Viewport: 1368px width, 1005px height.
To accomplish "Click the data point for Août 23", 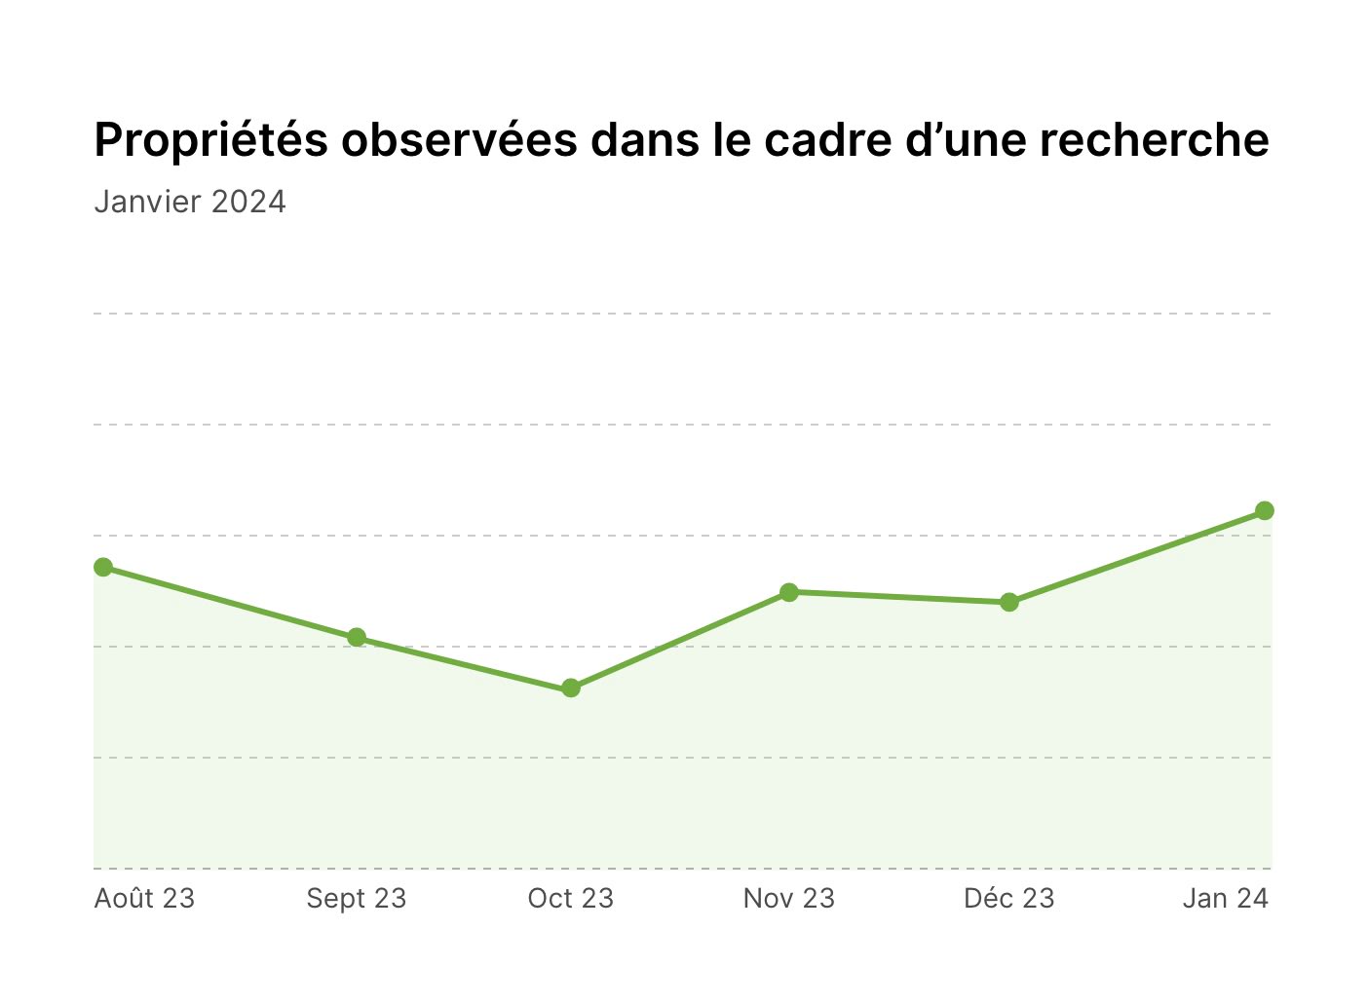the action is [x=103, y=567].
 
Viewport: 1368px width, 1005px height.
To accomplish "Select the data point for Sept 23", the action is [x=357, y=638].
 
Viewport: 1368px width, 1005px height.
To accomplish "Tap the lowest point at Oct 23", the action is [x=570, y=689].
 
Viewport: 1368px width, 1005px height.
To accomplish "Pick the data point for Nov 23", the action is [x=789, y=592].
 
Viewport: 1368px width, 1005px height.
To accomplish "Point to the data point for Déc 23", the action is [x=1009, y=603].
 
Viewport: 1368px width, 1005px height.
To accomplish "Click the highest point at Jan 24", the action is [x=1264, y=510].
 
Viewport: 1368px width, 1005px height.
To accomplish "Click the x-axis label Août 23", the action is [x=144, y=898].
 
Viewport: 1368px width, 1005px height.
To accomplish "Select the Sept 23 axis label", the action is [x=356, y=899].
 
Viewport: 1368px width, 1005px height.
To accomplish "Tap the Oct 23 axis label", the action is [x=570, y=899].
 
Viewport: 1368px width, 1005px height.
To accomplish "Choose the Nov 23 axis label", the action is [x=788, y=899].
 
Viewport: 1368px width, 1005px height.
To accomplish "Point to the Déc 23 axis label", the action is [x=1008, y=898].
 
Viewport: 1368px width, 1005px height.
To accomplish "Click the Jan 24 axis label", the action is [x=1225, y=899].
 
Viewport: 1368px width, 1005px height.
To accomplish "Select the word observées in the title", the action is [x=459, y=139].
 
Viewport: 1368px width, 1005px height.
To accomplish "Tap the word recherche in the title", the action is [x=1155, y=140].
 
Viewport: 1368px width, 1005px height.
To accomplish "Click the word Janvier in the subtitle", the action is [x=147, y=202].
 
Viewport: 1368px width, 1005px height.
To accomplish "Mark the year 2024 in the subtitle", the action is [x=247, y=202].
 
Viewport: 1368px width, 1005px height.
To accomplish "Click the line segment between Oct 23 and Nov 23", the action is [x=680, y=640].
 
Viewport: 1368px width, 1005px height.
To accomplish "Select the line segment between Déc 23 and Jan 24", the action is [x=1136, y=556].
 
